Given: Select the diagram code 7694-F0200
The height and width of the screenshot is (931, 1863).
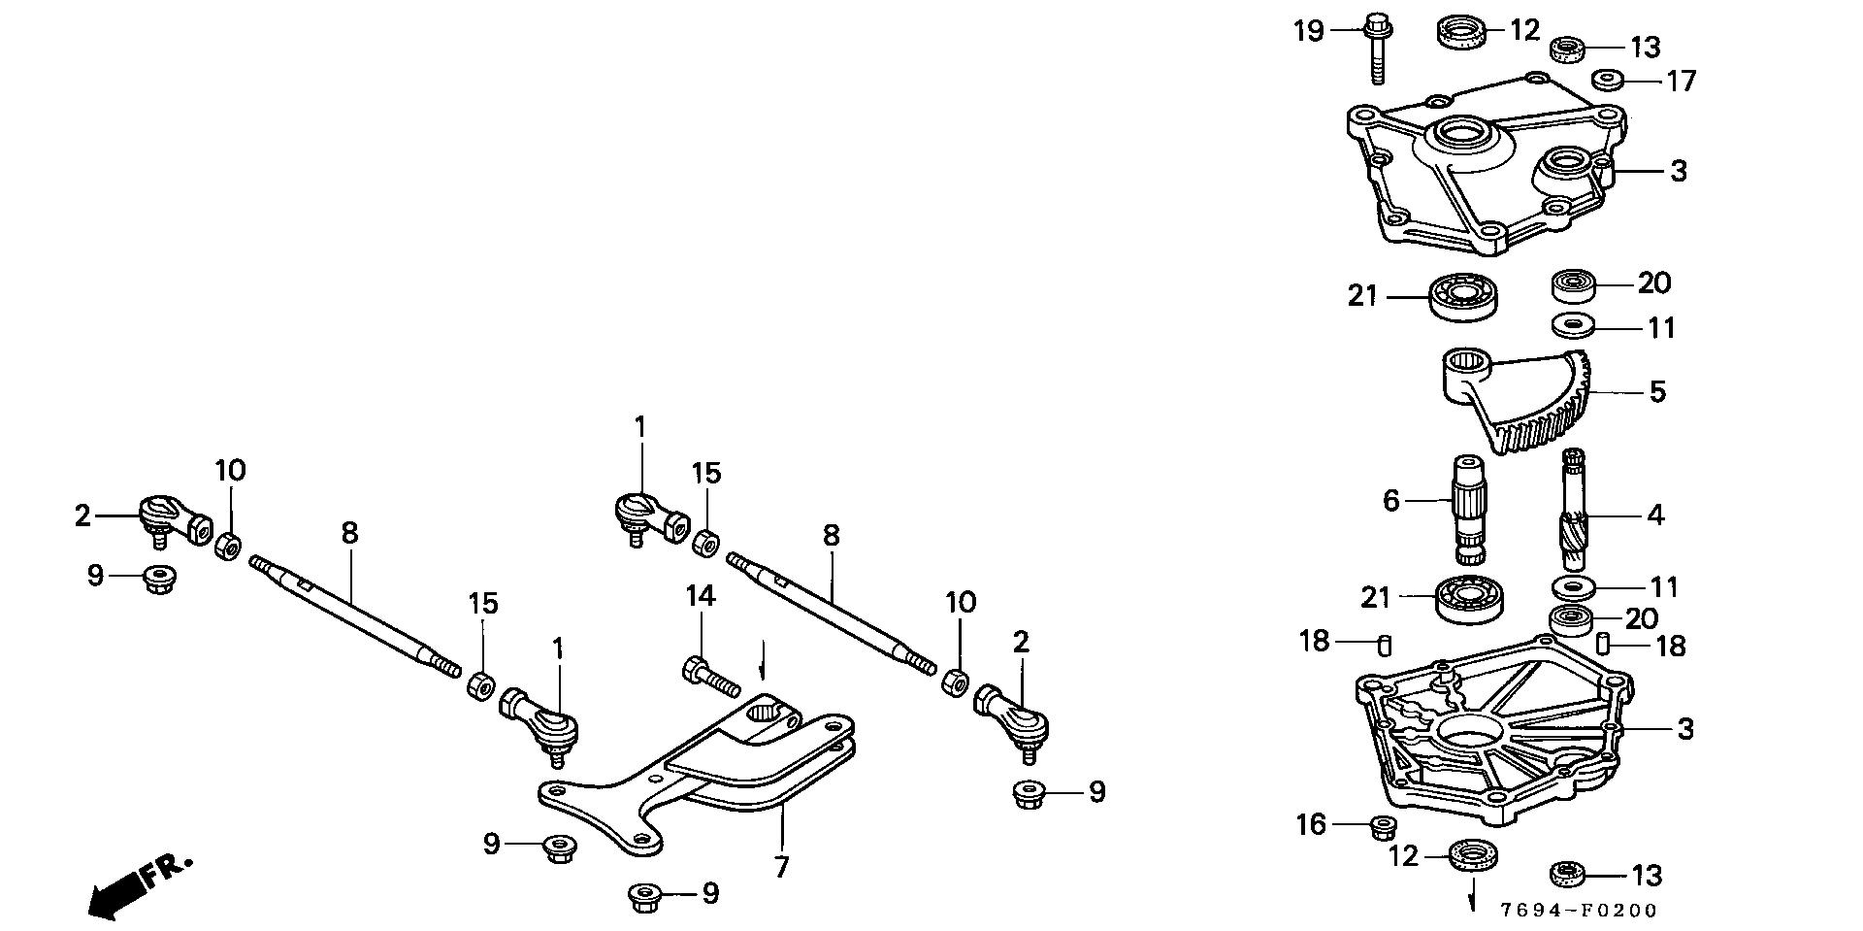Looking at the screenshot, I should pyautogui.click(x=1579, y=911).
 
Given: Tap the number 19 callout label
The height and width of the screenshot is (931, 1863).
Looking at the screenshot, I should pyautogui.click(x=1308, y=31).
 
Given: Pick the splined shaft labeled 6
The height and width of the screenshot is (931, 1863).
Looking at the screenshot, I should pyautogui.click(x=1470, y=510).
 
